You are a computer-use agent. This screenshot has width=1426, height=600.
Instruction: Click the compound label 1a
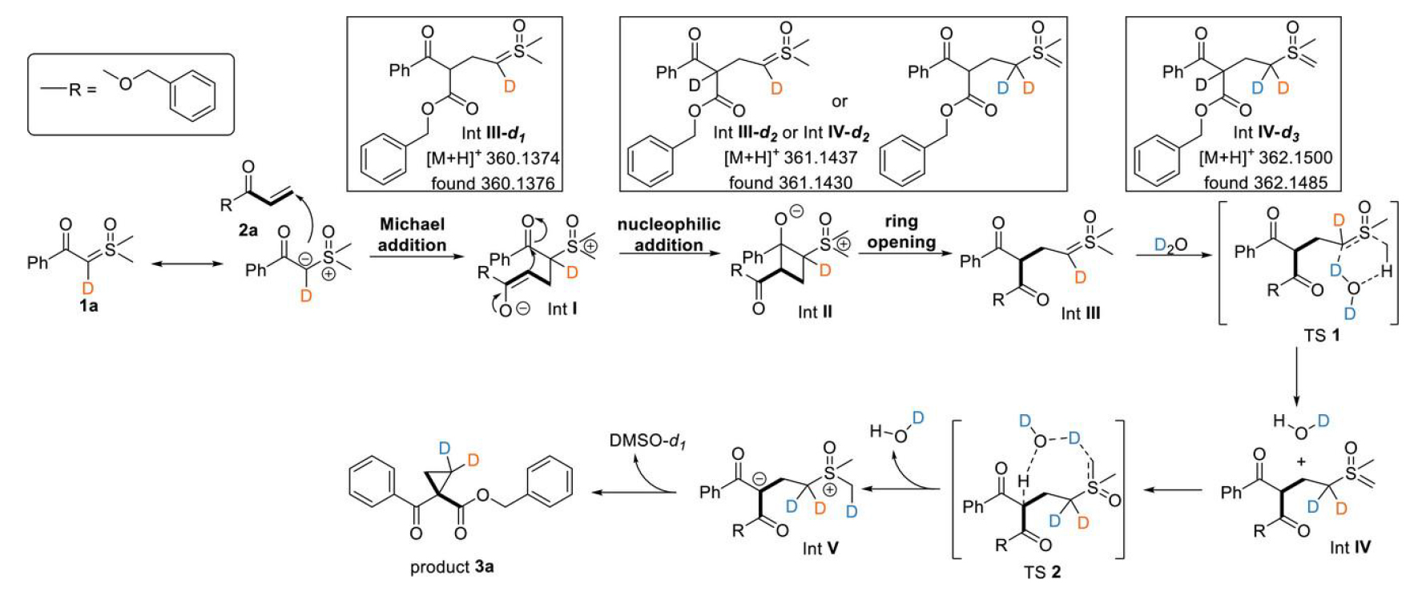click(x=88, y=305)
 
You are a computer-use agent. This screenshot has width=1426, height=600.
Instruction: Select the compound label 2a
click(x=248, y=230)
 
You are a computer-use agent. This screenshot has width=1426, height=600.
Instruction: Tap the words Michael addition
click(x=412, y=235)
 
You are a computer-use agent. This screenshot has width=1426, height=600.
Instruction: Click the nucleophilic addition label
click(x=668, y=235)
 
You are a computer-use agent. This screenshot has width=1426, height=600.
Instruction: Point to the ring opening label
click(x=901, y=232)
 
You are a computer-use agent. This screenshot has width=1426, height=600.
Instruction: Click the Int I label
click(x=562, y=308)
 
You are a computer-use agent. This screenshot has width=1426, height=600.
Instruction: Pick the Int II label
click(x=815, y=312)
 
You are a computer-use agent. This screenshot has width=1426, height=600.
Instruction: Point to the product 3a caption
click(x=452, y=567)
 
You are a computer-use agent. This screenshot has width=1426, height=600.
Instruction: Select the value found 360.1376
click(x=493, y=183)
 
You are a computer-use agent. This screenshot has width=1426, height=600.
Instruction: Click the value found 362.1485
click(x=1265, y=183)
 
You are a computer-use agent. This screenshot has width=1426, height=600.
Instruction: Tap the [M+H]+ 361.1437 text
click(x=790, y=158)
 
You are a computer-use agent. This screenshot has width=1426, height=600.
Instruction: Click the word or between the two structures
click(x=839, y=102)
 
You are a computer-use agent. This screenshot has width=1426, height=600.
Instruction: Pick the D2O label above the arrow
click(x=1170, y=244)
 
